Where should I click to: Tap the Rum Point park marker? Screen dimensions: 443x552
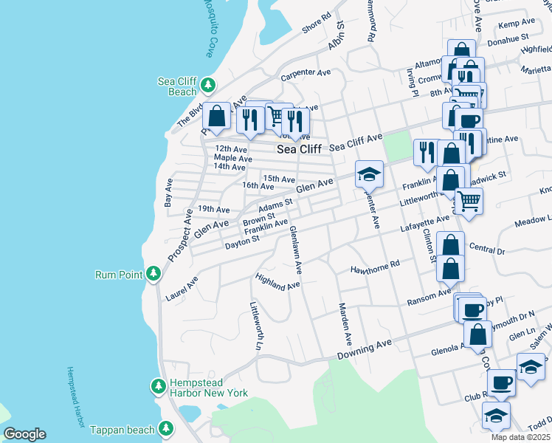pos(153,275)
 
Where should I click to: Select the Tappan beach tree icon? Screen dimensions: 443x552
pos(166,429)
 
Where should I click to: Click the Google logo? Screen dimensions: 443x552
pos(24,434)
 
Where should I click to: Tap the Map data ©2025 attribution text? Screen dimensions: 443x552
pos(520,437)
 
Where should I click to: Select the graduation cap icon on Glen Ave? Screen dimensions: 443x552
pos(369,175)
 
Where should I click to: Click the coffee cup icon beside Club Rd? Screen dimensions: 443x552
pos(502,382)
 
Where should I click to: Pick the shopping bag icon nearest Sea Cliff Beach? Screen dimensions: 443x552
pos(216,116)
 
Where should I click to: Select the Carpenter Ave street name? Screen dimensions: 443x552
pos(305,75)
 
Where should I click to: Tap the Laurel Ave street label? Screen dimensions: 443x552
pos(182,285)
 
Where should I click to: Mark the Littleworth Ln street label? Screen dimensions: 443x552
pos(256,326)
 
